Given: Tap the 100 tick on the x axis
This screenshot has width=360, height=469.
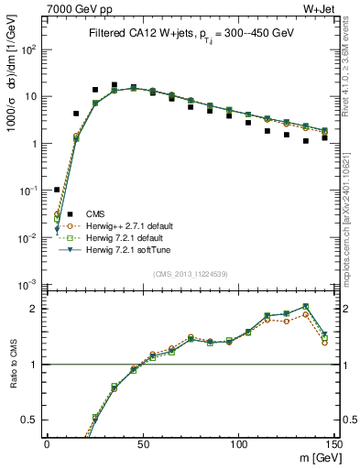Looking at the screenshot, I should pyautogui.click(x=237, y=444).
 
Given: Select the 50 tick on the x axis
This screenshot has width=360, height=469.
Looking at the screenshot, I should pyautogui.click(x=142, y=444).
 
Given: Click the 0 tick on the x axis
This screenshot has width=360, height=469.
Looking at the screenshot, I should pyautogui.click(x=47, y=444).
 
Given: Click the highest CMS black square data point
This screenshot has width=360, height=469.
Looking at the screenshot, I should pyautogui.click(x=114, y=84).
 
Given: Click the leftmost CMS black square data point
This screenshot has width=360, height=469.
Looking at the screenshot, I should pyautogui.click(x=57, y=190).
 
